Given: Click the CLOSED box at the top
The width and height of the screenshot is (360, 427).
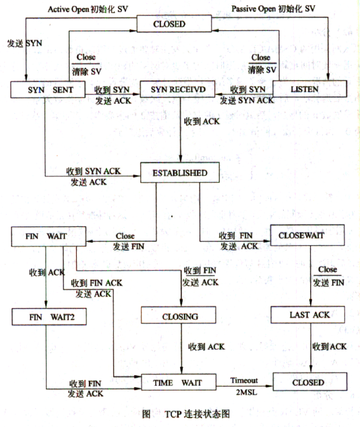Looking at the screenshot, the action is pyautogui.click(x=174, y=24).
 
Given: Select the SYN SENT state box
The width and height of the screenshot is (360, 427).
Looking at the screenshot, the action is pyautogui.click(x=48, y=90).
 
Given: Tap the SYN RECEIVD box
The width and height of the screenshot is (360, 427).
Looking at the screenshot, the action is pyautogui.click(x=177, y=90).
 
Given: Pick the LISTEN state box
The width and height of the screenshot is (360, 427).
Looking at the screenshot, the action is pyautogui.click(x=310, y=89).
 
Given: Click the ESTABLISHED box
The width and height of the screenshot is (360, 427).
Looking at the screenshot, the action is pyautogui.click(x=180, y=172).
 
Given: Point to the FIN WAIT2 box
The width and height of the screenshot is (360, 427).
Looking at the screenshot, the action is pyautogui.click(x=49, y=317).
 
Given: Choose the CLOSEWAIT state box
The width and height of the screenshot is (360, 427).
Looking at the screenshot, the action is pyautogui.click(x=307, y=235).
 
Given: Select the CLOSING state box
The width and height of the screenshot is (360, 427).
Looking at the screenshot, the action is pyautogui.click(x=179, y=315).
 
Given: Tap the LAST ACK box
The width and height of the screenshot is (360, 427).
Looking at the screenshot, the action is pyautogui.click(x=307, y=315).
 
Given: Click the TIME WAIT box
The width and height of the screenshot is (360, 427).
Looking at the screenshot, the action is pyautogui.click(x=179, y=383).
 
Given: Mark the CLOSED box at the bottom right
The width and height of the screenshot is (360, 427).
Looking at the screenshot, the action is pyautogui.click(x=310, y=382).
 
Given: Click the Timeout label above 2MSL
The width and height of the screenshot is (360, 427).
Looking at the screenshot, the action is pyautogui.click(x=244, y=380).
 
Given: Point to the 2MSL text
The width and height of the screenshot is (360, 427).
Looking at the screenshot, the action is pyautogui.click(x=246, y=392).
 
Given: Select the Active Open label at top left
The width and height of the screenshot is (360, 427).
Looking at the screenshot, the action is pyautogui.click(x=69, y=9).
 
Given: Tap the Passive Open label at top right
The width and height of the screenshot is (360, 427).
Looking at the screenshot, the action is pyautogui.click(x=253, y=9).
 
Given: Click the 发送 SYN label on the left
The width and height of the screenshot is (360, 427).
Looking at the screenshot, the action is pyautogui.click(x=24, y=43).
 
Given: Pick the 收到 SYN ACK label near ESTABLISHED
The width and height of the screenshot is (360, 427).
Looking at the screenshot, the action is pyautogui.click(x=94, y=171).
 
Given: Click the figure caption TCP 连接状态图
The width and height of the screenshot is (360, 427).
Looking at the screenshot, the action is pyautogui.click(x=197, y=414).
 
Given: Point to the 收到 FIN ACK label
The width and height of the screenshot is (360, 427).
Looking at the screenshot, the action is pyautogui.click(x=97, y=284).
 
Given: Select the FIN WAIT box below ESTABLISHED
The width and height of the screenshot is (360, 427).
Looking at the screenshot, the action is pyautogui.click(x=49, y=236).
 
